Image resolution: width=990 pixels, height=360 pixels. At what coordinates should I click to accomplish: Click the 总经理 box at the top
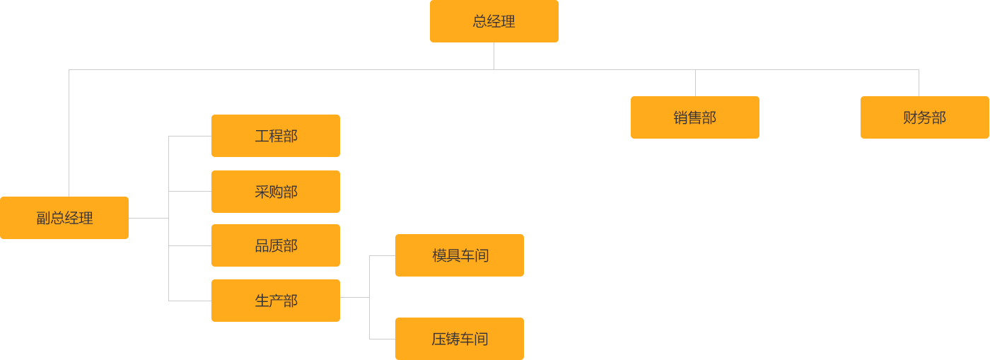494,21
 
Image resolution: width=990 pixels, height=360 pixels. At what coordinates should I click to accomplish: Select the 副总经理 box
64,218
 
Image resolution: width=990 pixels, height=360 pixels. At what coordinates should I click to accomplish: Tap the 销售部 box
694,117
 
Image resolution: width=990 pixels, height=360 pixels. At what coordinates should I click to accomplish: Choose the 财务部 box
924,117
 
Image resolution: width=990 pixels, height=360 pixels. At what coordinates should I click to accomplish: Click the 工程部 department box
275,136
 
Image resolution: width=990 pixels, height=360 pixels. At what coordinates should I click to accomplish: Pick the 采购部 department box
275,191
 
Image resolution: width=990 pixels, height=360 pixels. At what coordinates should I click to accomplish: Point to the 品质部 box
275,245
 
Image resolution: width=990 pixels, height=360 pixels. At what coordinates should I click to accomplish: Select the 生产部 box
275,301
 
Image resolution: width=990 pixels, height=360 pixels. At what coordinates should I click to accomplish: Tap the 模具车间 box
459,255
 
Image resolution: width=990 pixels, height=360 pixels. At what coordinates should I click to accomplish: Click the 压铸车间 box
459,339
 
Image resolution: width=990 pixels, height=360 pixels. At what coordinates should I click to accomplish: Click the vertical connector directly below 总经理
494,56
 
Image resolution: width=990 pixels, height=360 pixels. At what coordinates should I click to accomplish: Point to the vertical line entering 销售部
694,82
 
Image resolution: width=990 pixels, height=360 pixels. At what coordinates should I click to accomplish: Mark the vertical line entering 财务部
919,82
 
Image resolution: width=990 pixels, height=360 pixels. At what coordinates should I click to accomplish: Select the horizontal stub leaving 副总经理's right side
148,218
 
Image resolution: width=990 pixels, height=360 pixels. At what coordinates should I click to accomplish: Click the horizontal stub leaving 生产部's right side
354,297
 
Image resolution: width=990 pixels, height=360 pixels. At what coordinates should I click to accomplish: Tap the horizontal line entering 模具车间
381,255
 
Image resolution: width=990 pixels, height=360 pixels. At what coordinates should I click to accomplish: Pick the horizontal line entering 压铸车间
381,339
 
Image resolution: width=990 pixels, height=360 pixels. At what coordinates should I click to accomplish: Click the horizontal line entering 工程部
189,136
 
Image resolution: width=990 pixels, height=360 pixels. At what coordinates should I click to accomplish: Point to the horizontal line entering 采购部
189,191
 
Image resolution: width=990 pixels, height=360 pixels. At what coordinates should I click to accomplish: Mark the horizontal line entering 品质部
189,245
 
